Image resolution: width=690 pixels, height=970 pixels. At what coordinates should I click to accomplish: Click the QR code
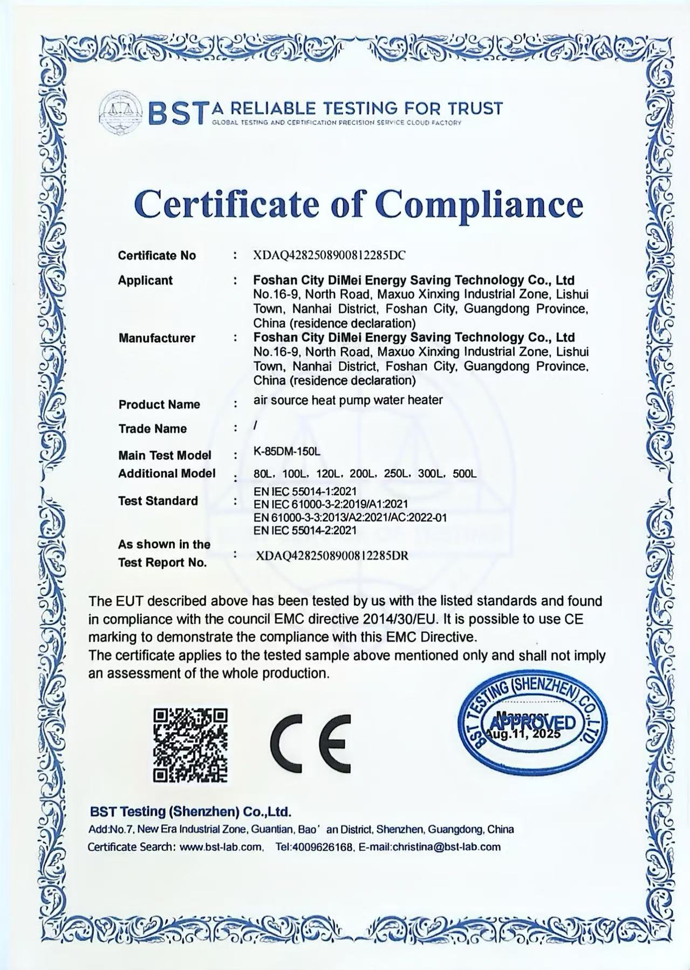click(190, 745)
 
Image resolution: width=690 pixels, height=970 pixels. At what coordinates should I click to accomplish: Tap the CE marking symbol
click(310, 743)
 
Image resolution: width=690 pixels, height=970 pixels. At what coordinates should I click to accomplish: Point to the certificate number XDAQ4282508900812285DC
click(329, 256)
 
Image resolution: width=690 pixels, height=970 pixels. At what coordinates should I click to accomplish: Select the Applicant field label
click(146, 281)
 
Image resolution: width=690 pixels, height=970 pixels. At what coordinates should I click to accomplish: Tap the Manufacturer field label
click(157, 338)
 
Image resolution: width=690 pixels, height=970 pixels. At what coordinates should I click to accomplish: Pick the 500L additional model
click(464, 474)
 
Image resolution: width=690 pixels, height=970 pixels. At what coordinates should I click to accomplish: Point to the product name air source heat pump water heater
click(348, 400)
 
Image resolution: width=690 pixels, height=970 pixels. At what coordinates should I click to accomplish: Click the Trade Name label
click(153, 429)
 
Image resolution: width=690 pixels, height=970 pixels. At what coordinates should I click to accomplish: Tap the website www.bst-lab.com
click(221, 846)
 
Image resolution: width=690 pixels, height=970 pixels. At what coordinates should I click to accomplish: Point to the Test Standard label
click(158, 501)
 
